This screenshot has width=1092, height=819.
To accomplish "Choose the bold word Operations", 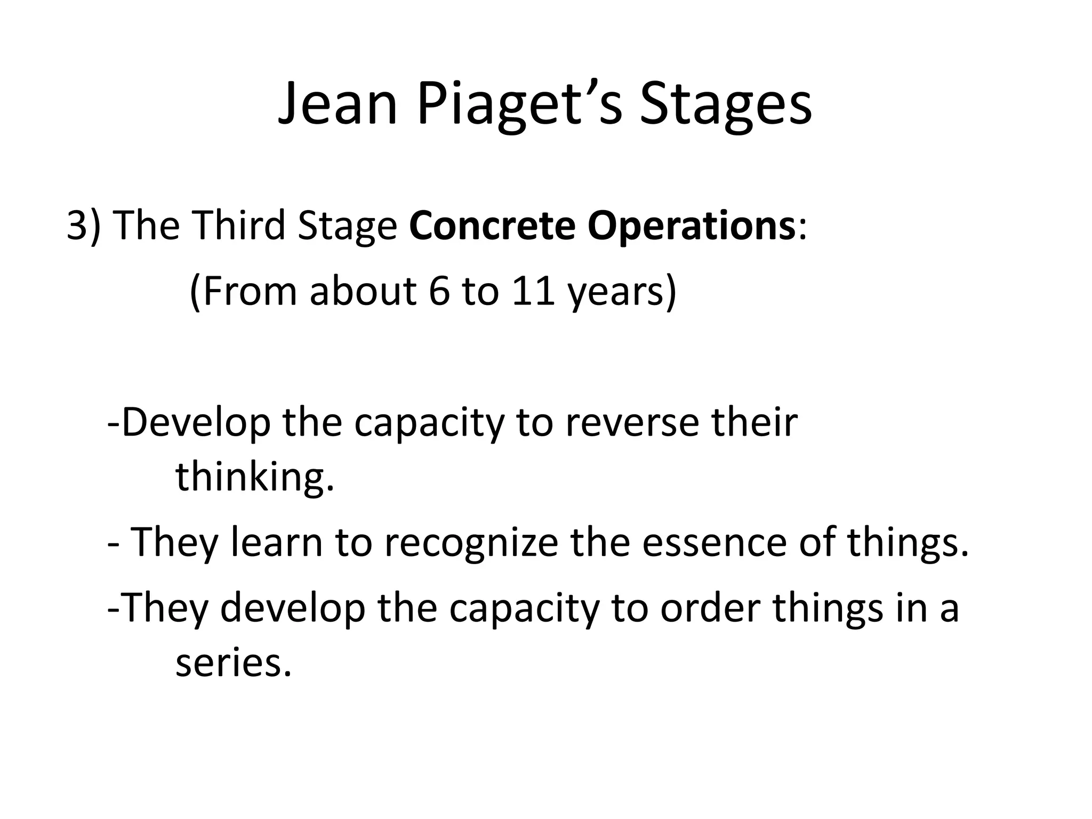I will [691, 226].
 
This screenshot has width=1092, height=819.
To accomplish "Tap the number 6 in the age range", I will [439, 292].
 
